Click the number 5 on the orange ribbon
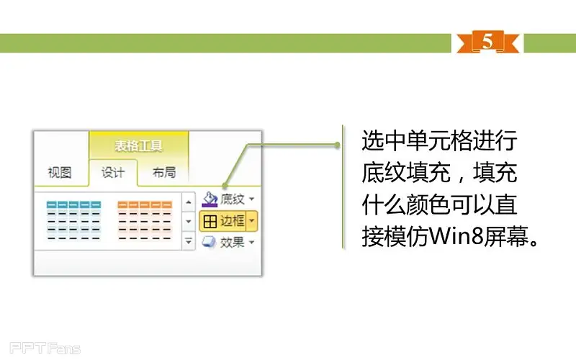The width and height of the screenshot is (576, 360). tap(487, 40)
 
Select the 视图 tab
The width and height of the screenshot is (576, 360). tap(60, 172)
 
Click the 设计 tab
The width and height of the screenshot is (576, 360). tap(113, 172)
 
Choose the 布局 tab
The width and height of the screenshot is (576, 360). tap(164, 172)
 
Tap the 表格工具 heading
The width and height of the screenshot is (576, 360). tap(138, 146)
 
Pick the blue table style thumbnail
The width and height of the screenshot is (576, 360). tap(73, 220)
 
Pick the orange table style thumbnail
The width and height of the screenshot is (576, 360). tap(145, 220)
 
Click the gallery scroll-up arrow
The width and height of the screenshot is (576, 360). tap(189, 202)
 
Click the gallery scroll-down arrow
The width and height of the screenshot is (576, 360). tap(189, 221)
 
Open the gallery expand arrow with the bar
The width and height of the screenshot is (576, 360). tap(189, 241)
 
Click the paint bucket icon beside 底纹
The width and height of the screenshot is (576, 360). tap(210, 199)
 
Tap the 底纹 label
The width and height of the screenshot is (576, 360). tap(232, 199)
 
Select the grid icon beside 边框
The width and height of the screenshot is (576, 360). tap(210, 221)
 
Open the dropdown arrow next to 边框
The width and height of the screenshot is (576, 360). tap(251, 221)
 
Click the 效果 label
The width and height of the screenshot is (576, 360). tap(232, 242)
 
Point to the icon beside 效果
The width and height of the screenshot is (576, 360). tap(209, 242)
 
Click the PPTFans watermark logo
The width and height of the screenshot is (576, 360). tap(45, 348)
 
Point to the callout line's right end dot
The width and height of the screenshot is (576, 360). tap(337, 145)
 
